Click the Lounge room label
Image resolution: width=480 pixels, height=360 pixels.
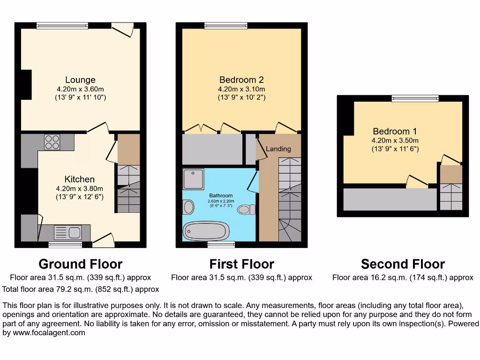point(80,80)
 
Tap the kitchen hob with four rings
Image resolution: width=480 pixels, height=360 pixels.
point(52,142)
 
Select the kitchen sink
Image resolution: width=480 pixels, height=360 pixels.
point(67,232)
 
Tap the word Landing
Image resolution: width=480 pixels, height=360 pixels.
point(278,149)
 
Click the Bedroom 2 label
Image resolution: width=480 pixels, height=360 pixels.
point(241,80)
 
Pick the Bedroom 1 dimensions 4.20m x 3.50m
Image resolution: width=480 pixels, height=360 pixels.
point(395,140)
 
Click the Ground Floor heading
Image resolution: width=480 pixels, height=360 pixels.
point(80,264)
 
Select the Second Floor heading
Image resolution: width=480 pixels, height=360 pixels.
point(403,264)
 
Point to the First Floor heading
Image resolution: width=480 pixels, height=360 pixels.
point(241,264)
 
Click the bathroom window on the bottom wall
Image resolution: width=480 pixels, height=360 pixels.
point(221,244)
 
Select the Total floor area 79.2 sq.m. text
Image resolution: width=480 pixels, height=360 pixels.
point(81,289)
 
